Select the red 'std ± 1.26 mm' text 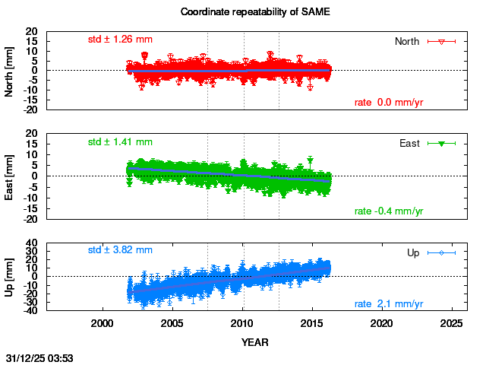coord(120,39)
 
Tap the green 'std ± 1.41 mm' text coord(120,141)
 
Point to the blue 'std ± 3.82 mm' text coord(120,249)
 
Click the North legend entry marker coord(441,41)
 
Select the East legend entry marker coord(441,143)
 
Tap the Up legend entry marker coord(441,252)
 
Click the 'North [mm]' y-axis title coord(10,71)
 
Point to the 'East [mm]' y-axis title coord(10,176)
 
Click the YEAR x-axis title coord(254,342)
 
